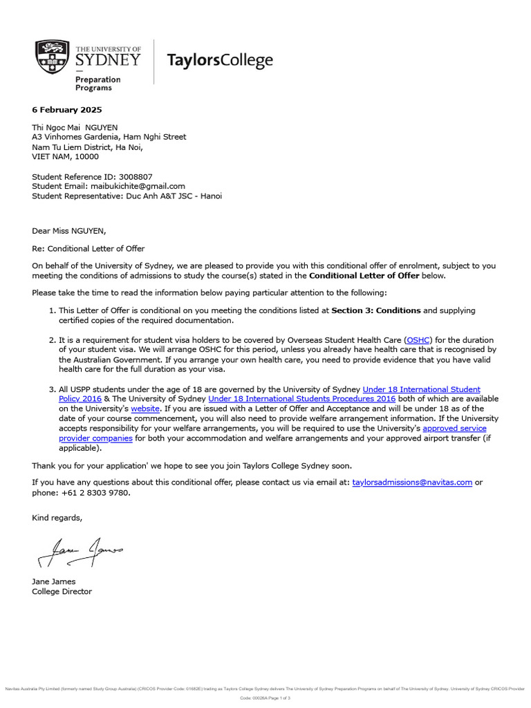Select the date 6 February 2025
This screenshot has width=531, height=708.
coord(66,110)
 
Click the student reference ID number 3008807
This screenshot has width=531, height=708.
coord(137,176)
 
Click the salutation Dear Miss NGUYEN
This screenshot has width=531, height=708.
coord(69,231)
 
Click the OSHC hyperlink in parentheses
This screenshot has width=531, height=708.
coord(418,340)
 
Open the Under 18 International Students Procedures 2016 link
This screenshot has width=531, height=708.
coord(301,400)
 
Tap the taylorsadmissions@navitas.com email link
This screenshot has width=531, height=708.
coord(412,483)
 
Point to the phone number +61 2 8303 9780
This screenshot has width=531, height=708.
coord(97,493)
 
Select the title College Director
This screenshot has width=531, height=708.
coord(62,592)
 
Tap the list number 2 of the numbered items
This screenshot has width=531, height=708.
coord(51,340)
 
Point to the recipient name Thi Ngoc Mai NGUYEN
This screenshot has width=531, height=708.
coord(75,127)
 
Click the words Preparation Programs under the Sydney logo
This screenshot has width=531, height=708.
coord(97,84)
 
